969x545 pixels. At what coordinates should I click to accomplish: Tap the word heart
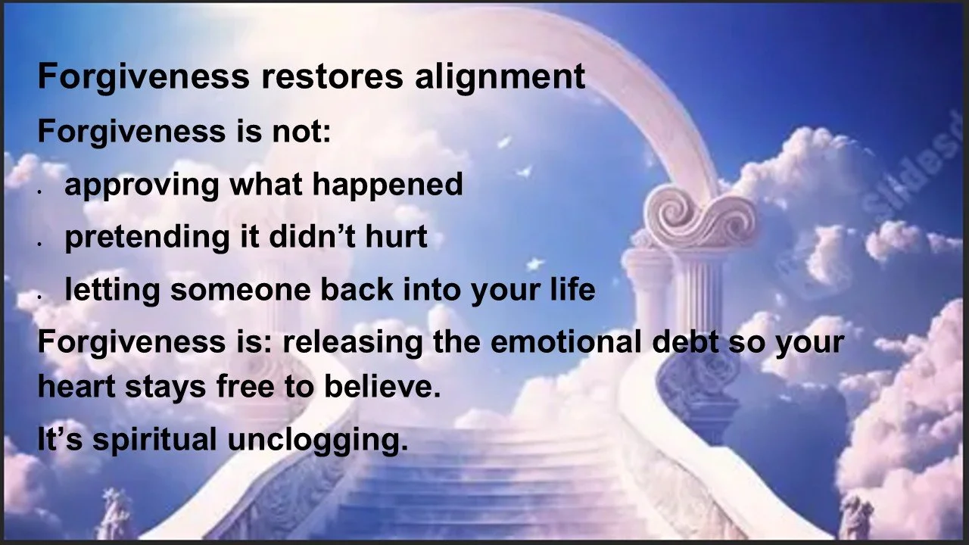pyautogui.click(x=72, y=387)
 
